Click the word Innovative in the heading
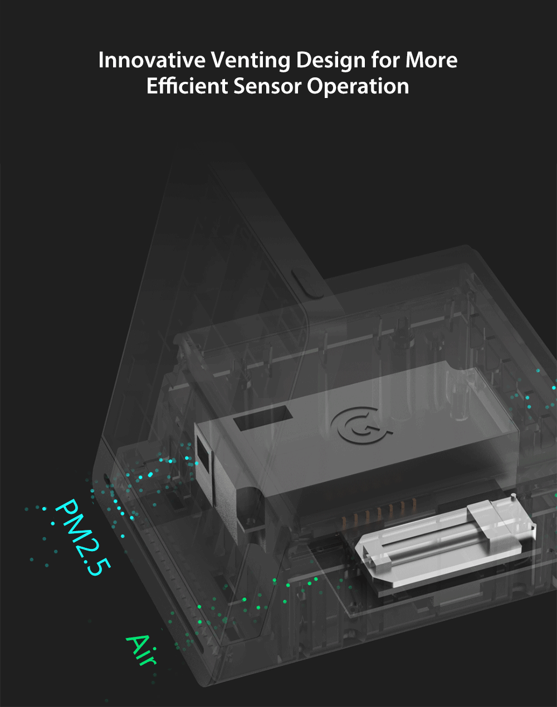[152, 60]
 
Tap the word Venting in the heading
[251, 61]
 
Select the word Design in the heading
[331, 61]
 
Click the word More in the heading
[431, 60]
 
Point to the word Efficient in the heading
[187, 86]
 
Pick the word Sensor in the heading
[267, 86]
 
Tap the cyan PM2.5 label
[82, 537]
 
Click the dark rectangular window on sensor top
[263, 418]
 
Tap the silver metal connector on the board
[447, 544]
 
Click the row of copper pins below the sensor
[379, 512]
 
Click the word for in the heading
[385, 60]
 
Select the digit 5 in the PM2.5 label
[99, 567]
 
